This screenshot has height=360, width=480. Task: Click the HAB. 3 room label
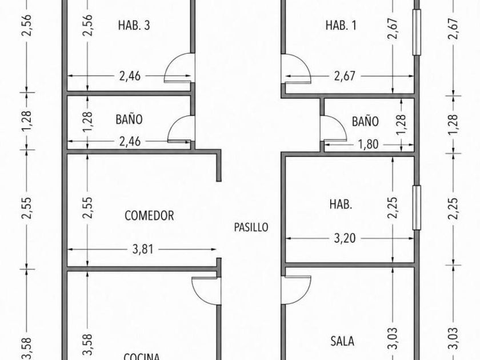(134, 25)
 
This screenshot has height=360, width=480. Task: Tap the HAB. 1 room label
(341, 25)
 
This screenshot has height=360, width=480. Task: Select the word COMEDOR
(149, 216)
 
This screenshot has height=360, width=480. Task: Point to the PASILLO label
(251, 227)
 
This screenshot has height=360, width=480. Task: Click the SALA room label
(342, 341)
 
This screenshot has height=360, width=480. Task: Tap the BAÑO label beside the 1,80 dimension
(365, 122)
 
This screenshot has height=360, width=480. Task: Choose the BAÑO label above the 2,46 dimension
(129, 119)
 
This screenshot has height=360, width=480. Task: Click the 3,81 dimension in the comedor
(143, 250)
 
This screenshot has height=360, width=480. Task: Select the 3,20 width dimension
(345, 238)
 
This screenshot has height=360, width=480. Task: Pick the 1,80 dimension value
(368, 144)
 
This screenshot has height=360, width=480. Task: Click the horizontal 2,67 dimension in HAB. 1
(345, 76)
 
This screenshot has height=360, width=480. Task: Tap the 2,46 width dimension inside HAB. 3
(130, 76)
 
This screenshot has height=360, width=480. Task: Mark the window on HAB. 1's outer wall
(417, 32)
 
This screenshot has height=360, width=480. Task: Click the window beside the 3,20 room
(417, 207)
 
